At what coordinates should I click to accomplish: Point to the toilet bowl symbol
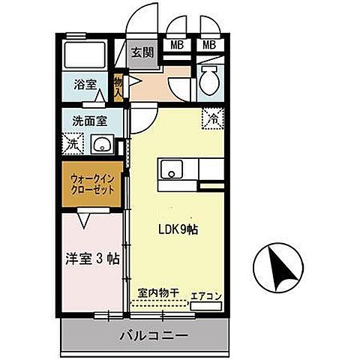(x=209, y=76)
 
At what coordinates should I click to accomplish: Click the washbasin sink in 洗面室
(x=100, y=143)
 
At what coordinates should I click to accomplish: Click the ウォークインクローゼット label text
(x=91, y=184)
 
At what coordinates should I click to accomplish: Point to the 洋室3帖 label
(x=91, y=260)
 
